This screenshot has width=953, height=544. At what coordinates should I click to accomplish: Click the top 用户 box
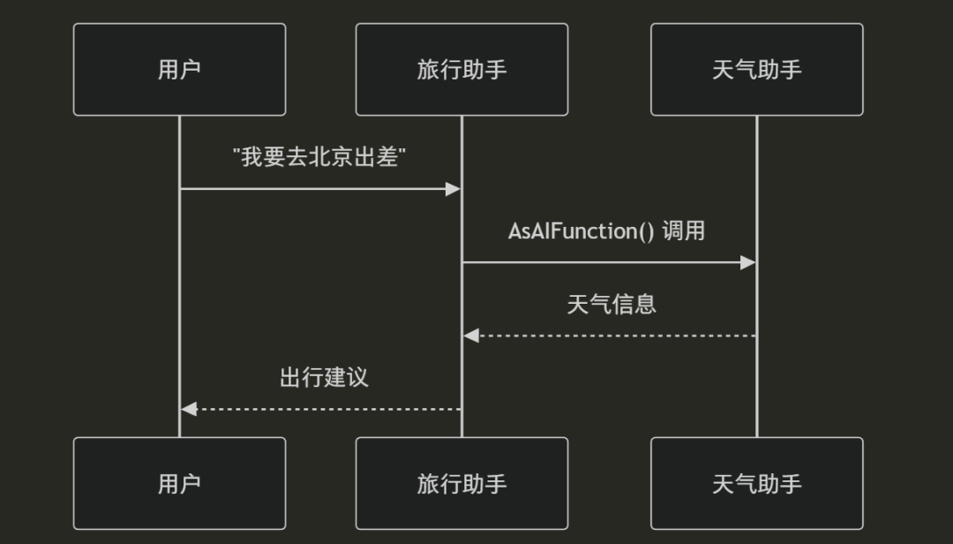point(179,70)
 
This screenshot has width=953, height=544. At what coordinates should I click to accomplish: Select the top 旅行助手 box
point(461,70)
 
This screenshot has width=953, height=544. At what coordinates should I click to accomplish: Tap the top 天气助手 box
point(756,70)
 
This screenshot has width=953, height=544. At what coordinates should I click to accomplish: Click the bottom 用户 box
point(179,483)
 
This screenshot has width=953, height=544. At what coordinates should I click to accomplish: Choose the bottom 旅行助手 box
point(461,483)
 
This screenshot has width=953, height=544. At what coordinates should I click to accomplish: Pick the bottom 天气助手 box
point(756,483)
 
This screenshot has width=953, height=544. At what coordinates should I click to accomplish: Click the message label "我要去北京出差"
point(319,158)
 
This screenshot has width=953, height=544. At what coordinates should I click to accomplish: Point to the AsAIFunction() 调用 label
point(607,231)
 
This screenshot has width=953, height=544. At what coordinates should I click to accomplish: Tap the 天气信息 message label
point(611,305)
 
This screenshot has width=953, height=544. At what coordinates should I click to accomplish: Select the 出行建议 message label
point(323,378)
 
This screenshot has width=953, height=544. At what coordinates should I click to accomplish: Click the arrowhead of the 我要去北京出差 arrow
point(454,189)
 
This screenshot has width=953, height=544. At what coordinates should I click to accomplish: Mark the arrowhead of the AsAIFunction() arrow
point(748,262)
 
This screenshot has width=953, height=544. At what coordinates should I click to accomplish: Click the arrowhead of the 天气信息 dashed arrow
point(471,336)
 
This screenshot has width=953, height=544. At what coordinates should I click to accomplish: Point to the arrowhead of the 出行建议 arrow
point(188,409)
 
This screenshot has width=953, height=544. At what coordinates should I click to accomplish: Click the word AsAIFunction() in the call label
point(582,231)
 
